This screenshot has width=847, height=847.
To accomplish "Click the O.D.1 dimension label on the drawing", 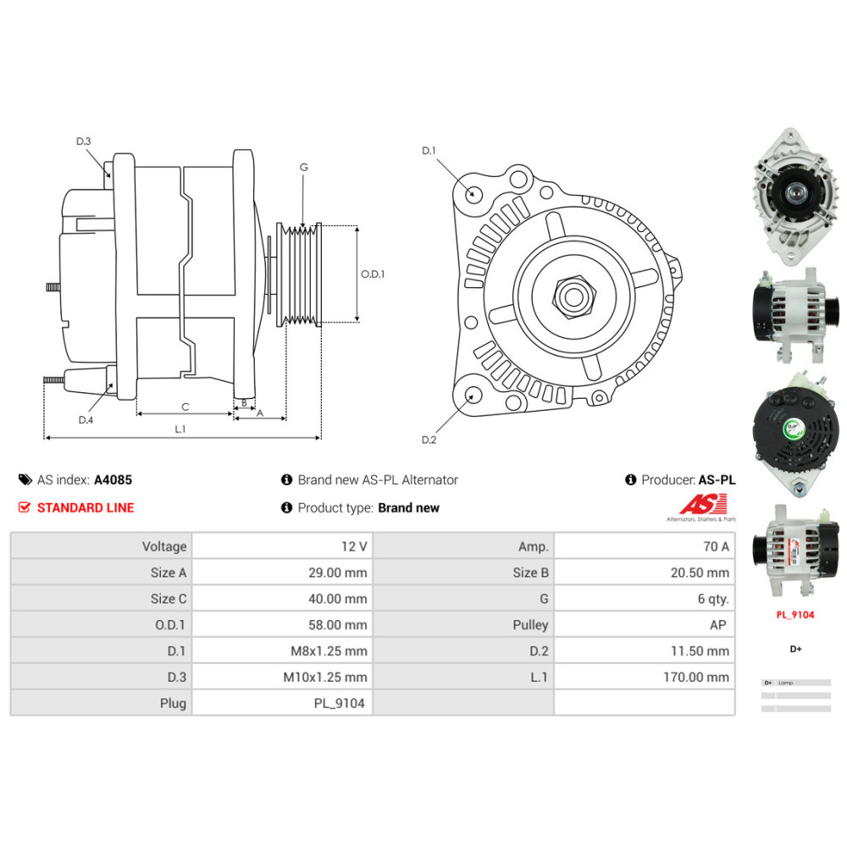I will (x=373, y=274).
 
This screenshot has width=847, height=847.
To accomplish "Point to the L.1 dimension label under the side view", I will (x=180, y=429).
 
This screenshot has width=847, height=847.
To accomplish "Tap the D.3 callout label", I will (x=83, y=141).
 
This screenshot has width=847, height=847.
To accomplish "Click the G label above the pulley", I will (x=303, y=167).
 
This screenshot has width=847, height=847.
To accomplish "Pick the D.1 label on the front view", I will (x=429, y=151).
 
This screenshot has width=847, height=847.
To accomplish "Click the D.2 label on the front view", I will (x=429, y=440).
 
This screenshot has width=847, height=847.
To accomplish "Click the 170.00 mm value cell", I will (x=695, y=677).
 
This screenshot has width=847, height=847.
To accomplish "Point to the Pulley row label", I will (x=530, y=624).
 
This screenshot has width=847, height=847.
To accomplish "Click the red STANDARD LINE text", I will (x=85, y=508).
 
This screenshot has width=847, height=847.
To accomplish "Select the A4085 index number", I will (x=113, y=479).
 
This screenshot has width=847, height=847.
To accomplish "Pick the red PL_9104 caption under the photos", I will (x=795, y=615).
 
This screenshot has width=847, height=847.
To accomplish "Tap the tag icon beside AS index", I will (x=25, y=479).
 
